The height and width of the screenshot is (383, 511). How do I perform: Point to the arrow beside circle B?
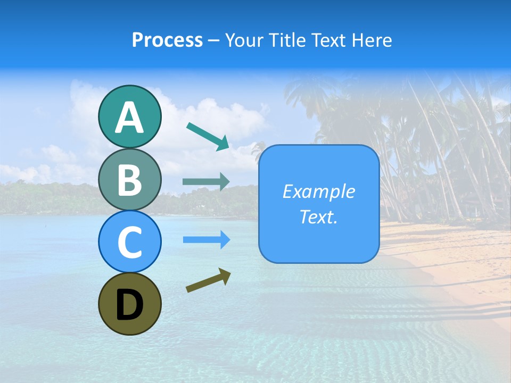(x=206, y=182)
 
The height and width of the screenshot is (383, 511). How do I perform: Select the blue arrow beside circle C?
(x=206, y=239)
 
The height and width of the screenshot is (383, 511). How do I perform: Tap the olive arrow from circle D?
(x=208, y=280)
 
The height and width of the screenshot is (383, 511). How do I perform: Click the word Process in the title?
(x=167, y=40)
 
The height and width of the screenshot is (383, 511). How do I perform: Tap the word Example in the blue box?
(x=318, y=191)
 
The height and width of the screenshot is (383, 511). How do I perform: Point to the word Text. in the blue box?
(x=318, y=217)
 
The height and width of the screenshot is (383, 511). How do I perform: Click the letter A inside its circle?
(x=129, y=118)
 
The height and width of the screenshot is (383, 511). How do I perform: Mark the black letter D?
(x=129, y=305)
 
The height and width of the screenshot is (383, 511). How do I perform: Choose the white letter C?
(x=129, y=243)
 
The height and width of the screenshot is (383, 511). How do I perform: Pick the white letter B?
(x=129, y=180)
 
